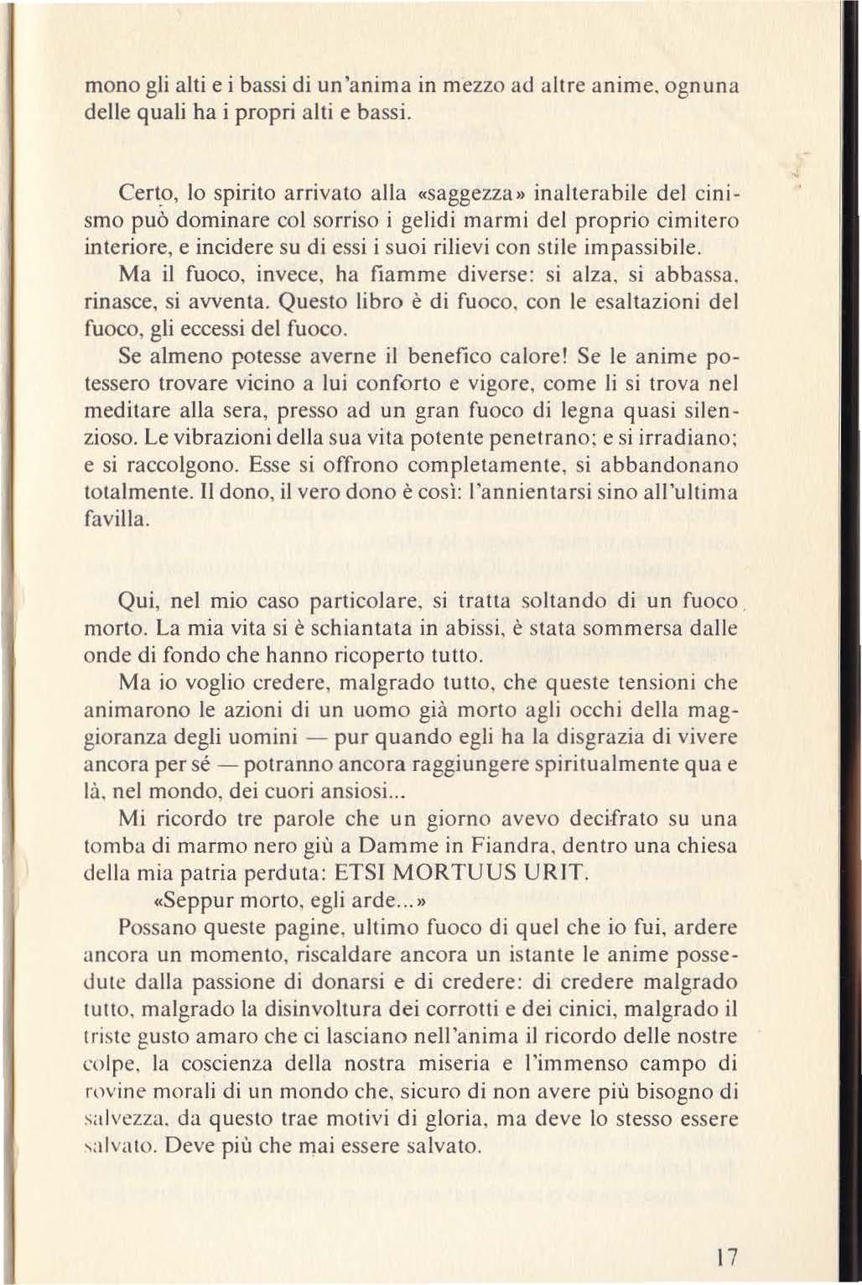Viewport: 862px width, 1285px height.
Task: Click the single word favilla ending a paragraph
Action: click(x=117, y=519)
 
